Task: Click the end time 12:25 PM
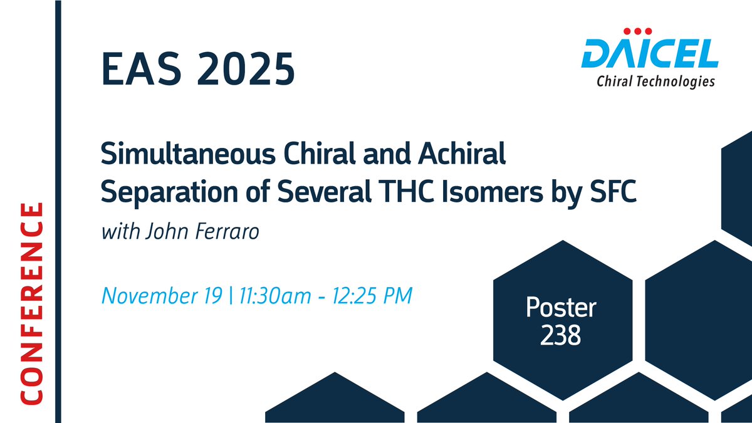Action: click(x=375, y=295)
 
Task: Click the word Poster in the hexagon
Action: click(x=561, y=308)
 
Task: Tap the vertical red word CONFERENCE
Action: click(x=31, y=303)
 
